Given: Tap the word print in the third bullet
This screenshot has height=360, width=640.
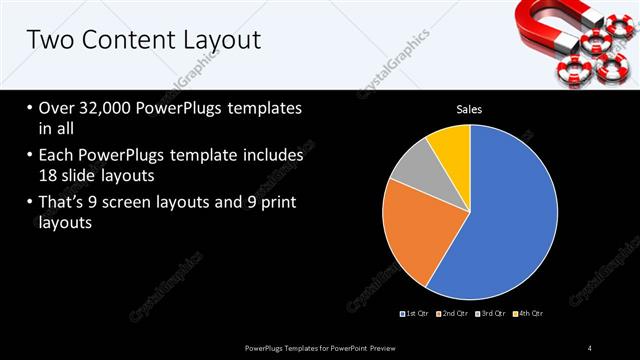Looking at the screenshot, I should tap(276, 204).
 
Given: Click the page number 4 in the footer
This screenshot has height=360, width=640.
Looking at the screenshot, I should tap(590, 347).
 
